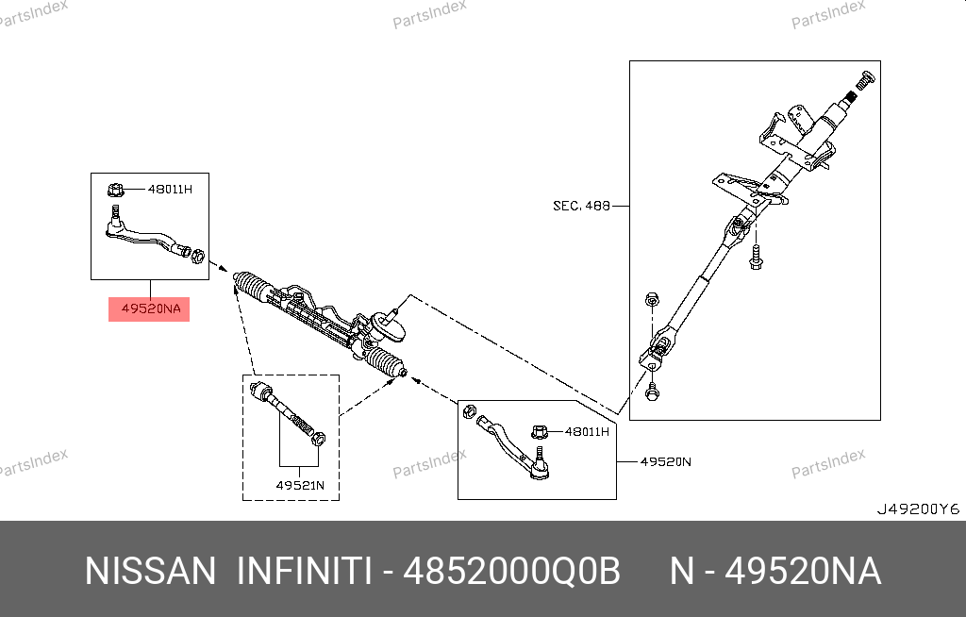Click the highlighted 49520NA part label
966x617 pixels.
click(x=151, y=308)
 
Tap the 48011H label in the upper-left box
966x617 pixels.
click(x=170, y=190)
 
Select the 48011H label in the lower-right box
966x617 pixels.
click(x=587, y=431)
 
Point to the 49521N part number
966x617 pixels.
click(x=300, y=485)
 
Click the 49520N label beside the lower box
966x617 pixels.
click(x=665, y=461)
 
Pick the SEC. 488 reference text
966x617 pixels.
click(x=581, y=206)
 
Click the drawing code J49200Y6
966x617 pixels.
click(x=919, y=509)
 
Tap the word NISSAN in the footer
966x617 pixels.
click(x=150, y=572)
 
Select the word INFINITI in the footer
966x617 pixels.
click(x=305, y=572)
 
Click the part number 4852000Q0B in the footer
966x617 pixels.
click(x=511, y=572)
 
